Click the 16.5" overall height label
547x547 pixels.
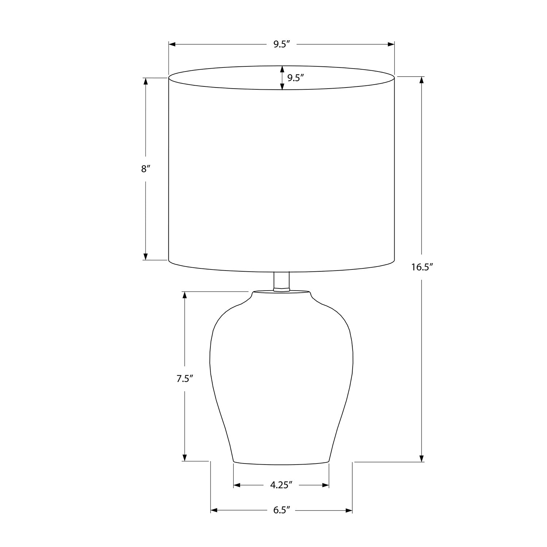pos(422,267)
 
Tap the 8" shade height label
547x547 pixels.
pos(146,169)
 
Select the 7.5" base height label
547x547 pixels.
pos(185,379)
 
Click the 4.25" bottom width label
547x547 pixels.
pos(281,485)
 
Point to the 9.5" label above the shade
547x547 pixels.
pos(281,44)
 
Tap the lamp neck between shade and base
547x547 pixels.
pos(281,281)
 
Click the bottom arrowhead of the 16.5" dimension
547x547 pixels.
pos(422,458)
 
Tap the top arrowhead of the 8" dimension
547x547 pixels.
pos(146,81)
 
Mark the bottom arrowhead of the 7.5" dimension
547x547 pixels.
pos(185,457)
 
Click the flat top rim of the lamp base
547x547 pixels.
pos(281,292)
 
